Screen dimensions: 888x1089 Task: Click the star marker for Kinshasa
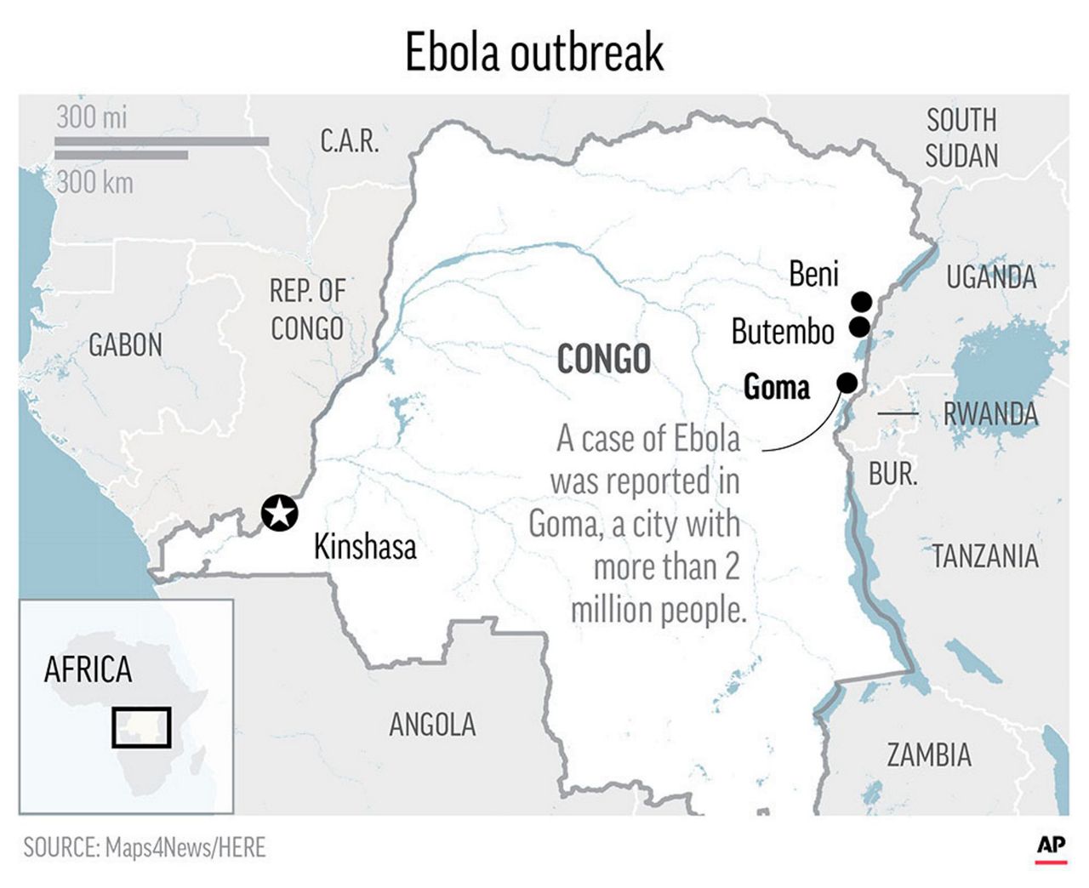pyautogui.click(x=279, y=513)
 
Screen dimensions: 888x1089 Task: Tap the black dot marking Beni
pyautogui.click(x=862, y=301)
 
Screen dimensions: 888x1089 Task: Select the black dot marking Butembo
pyautogui.click(x=859, y=327)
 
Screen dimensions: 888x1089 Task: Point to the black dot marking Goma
pyautogui.click(x=847, y=383)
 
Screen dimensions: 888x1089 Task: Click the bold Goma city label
pyautogui.click(x=776, y=387)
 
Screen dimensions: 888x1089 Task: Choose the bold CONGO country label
pyautogui.click(x=603, y=359)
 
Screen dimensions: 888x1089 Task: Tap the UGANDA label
pyautogui.click(x=991, y=277)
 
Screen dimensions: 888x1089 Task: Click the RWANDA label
pyautogui.click(x=990, y=414)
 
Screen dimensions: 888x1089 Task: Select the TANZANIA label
pyautogui.click(x=985, y=556)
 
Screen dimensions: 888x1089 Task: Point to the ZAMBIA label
pyautogui.click(x=928, y=754)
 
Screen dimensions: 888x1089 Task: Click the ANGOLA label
pyautogui.click(x=432, y=725)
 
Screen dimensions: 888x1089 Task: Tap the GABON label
pyautogui.click(x=125, y=345)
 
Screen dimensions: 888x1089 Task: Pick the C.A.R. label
pyautogui.click(x=349, y=141)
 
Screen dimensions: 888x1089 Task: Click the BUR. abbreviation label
pyautogui.click(x=892, y=474)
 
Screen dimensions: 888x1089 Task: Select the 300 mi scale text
pyautogui.click(x=91, y=117)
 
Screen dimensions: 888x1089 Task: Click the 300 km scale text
pyautogui.click(x=94, y=182)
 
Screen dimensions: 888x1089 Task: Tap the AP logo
pyautogui.click(x=1051, y=846)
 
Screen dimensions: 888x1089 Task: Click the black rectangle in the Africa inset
pyautogui.click(x=141, y=727)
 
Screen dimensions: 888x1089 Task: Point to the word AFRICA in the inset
pyautogui.click(x=88, y=670)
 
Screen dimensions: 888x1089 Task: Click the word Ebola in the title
pyautogui.click(x=453, y=53)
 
